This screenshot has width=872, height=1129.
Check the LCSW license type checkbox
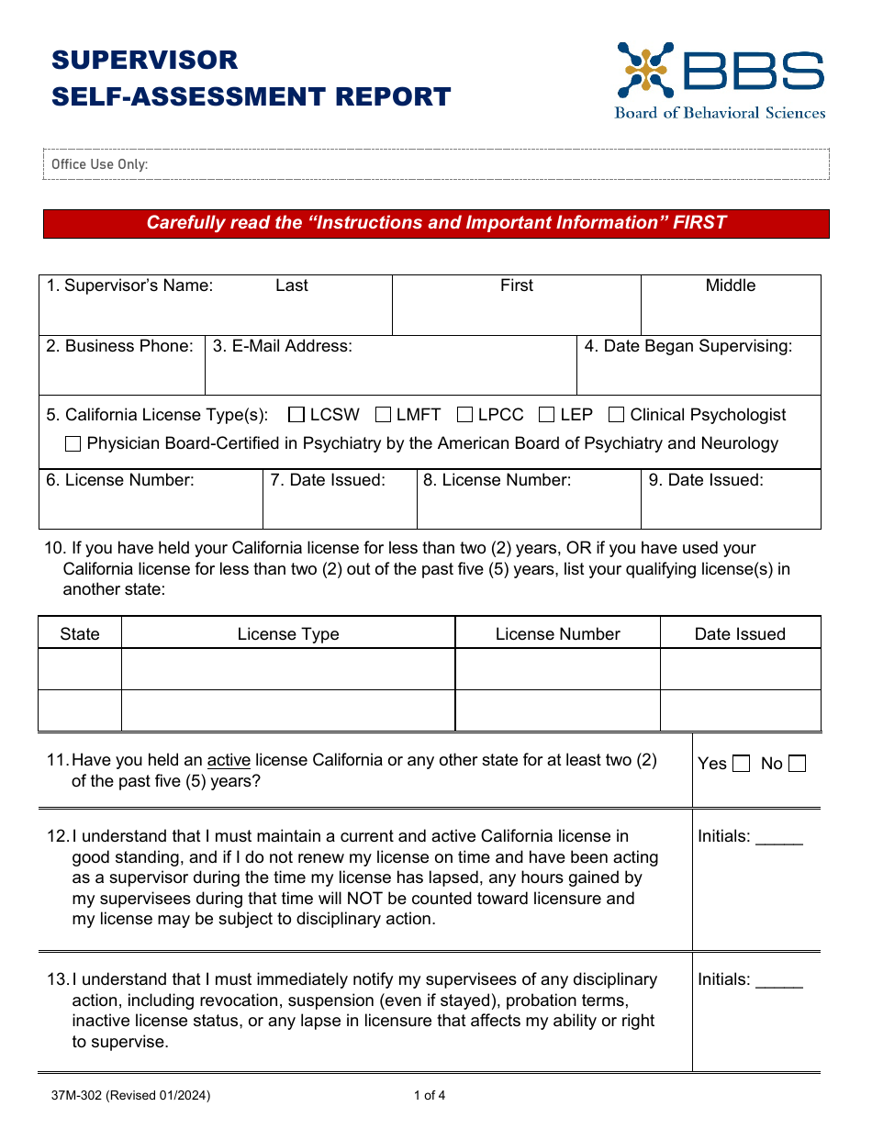296,415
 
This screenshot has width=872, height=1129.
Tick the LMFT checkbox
384,415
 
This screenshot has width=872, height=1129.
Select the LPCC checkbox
464,415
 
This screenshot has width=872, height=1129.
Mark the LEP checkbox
547,415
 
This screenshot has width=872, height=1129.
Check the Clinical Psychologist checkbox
617,415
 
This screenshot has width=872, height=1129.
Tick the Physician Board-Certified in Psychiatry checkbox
73,444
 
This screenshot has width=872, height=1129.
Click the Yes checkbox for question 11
742,764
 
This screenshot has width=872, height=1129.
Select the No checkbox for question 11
798,764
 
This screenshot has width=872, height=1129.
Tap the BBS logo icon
645,70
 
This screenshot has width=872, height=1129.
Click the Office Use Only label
99,164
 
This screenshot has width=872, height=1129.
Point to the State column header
80,634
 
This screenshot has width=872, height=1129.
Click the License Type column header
288,634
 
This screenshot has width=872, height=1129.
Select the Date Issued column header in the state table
740,634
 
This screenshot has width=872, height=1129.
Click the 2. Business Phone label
120,346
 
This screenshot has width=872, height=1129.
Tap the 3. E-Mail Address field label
283,346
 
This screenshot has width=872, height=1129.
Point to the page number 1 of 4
430,1095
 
